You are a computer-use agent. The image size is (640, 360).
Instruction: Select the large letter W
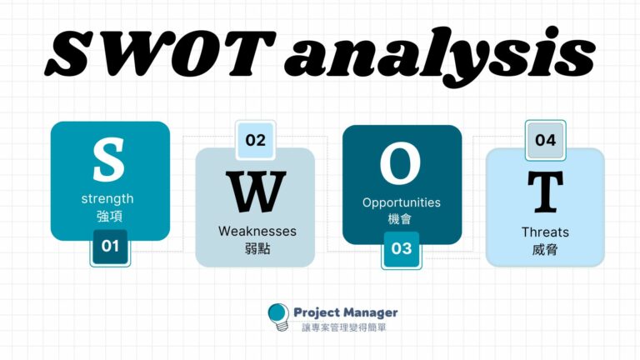pyautogui.click(x=256, y=194)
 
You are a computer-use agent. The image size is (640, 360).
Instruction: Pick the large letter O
pyautogui.click(x=402, y=164)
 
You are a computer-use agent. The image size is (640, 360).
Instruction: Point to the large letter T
pyautogui.click(x=545, y=192)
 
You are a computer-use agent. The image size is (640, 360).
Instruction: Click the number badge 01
pyautogui.click(x=110, y=247)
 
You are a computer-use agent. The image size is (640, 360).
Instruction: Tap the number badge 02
pyautogui.click(x=256, y=140)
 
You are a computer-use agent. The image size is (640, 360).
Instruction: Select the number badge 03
pyautogui.click(x=402, y=248)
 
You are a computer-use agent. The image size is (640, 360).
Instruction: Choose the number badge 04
pyautogui.click(x=545, y=140)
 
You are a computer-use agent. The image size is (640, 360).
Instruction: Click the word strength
pyautogui.click(x=107, y=199)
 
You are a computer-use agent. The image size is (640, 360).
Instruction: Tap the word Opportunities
pyautogui.click(x=402, y=202)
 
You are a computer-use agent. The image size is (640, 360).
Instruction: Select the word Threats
pyautogui.click(x=545, y=232)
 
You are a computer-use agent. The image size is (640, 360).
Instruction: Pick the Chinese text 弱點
pyautogui.click(x=256, y=248)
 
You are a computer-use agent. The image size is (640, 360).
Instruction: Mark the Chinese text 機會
pyautogui.click(x=402, y=219)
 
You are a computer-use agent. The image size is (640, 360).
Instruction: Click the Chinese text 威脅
pyautogui.click(x=545, y=248)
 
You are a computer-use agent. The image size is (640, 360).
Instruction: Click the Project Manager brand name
pyautogui.click(x=346, y=312)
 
